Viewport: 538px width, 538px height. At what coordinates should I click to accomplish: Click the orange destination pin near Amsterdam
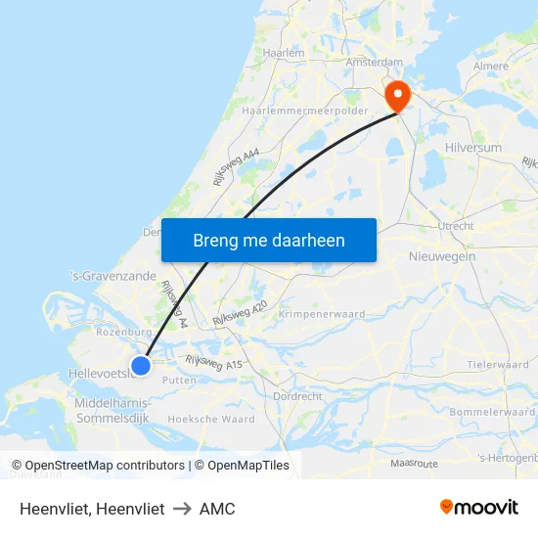click(398, 96)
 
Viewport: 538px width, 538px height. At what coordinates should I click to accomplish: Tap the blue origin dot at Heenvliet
click(141, 365)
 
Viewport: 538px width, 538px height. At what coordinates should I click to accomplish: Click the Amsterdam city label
click(375, 62)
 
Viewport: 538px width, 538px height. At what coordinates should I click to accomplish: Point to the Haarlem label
click(285, 53)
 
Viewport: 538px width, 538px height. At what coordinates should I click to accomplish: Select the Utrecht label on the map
click(456, 226)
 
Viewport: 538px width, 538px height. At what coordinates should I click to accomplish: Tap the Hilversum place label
click(473, 148)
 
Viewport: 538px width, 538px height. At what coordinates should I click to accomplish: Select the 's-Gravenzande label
click(114, 277)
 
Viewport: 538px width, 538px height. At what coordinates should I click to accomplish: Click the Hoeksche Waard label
click(211, 419)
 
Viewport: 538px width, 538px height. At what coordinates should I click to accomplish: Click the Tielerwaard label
click(497, 364)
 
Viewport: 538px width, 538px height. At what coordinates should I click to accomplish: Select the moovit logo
click(479, 507)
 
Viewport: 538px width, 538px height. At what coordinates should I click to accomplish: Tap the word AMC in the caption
click(217, 509)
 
